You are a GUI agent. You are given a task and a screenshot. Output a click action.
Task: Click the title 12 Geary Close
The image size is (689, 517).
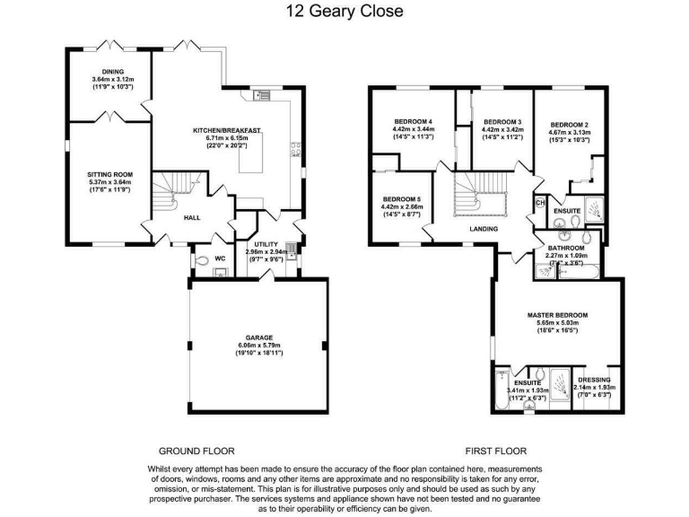[x=344, y=11]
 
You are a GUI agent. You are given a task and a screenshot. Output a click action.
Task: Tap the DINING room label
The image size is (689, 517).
[x=113, y=72]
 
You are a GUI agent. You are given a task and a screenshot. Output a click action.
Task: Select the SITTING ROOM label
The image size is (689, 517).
[x=109, y=174]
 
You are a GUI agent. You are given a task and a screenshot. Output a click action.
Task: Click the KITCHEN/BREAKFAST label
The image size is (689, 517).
[x=227, y=130]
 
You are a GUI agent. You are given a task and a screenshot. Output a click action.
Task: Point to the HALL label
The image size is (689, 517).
[x=192, y=217]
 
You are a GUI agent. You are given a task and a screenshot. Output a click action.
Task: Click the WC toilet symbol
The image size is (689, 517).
[x=201, y=260]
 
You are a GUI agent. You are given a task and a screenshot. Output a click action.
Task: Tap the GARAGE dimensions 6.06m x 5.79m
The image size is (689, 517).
[x=259, y=345]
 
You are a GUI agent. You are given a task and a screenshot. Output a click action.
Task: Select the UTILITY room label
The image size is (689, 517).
[x=266, y=244]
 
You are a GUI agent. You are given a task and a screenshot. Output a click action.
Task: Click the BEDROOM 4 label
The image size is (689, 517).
[x=414, y=122]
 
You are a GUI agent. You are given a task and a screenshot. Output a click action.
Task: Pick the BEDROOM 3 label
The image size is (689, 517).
[x=502, y=122]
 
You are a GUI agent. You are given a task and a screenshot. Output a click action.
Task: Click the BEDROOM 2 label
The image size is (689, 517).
[x=570, y=125]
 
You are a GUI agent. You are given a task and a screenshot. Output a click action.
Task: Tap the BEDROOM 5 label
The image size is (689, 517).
[x=402, y=199]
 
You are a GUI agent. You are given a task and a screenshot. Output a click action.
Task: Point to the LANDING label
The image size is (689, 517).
[x=484, y=229]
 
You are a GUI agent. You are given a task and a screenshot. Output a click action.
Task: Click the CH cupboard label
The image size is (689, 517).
[x=540, y=203]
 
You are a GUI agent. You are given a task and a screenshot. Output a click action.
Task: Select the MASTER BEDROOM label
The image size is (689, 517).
[x=558, y=315]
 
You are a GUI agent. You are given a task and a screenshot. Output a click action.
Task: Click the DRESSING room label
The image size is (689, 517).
[x=594, y=380]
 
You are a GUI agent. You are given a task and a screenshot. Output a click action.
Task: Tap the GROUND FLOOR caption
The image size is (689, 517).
[x=196, y=451]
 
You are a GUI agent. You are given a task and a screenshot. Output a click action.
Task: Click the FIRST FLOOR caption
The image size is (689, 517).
[x=495, y=451]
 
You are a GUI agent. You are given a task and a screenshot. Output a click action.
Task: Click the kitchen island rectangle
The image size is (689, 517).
[x=251, y=153]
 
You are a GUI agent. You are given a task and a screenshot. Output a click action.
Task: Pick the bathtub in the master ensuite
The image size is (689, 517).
[x=501, y=390]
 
